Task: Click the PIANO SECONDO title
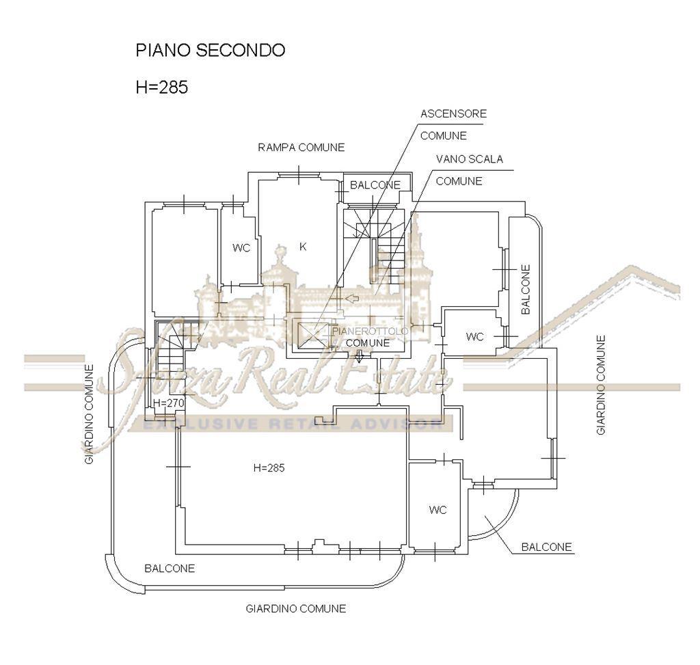(210, 51)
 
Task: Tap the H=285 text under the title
(162, 87)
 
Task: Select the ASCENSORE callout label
(453, 113)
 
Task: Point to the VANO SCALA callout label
(469, 159)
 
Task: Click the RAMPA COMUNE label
(301, 148)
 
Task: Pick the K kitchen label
(303, 247)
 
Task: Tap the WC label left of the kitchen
(241, 248)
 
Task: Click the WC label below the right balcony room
(474, 336)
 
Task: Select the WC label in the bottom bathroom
(438, 510)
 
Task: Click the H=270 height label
(168, 403)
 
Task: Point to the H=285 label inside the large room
(269, 468)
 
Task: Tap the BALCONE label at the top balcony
(375, 185)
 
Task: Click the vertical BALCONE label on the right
(526, 288)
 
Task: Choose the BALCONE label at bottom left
(170, 568)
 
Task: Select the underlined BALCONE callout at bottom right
(546, 547)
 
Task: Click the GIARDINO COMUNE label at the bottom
(295, 608)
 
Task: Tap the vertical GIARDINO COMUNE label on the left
(90, 414)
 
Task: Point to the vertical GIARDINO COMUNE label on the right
(601, 384)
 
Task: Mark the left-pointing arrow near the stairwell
(352, 299)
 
